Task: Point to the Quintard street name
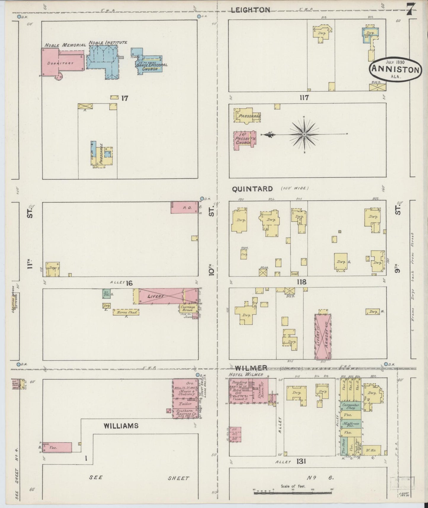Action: (252, 189)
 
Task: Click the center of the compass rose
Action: (304, 135)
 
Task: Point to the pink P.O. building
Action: (184, 208)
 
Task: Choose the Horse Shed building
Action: (126, 312)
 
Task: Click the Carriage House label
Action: (188, 308)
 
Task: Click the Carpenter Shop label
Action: (351, 406)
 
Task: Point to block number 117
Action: (304, 97)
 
